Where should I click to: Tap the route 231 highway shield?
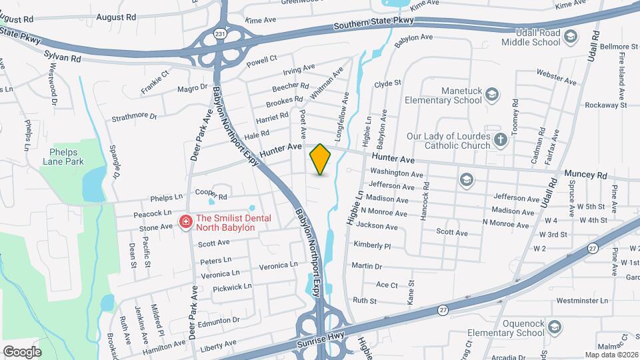pos(219,33)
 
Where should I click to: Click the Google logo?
pos(22,351)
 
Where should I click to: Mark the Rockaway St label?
pos(605,105)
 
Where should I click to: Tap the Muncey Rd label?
pos(586,175)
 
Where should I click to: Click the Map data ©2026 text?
pos(611,355)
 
